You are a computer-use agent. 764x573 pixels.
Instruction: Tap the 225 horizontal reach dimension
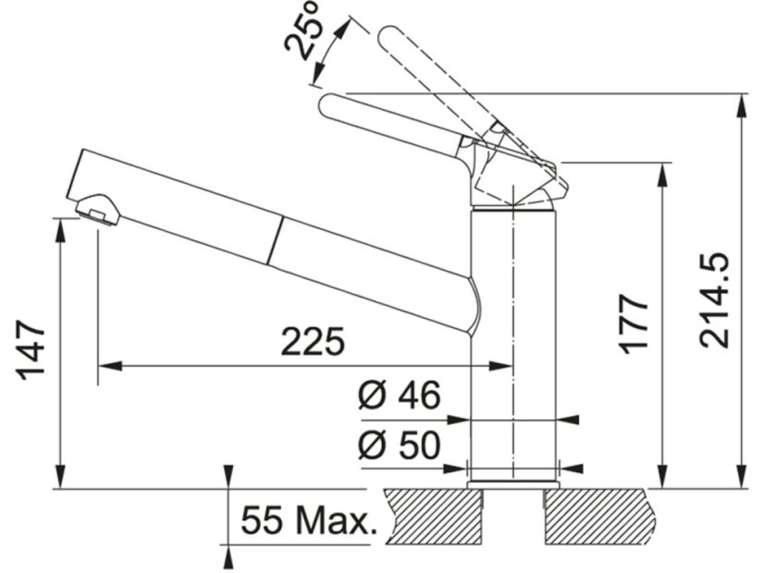point(313,342)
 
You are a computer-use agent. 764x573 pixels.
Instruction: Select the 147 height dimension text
point(31,350)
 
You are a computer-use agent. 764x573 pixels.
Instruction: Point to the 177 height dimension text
point(635,323)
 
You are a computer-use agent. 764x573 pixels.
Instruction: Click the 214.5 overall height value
point(715,300)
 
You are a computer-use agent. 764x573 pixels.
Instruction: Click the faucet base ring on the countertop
point(512,483)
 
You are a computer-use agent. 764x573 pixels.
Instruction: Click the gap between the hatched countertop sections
point(513,516)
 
